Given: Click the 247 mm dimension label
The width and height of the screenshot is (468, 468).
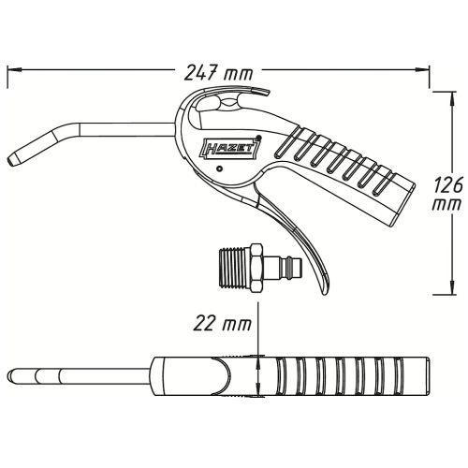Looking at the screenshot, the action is (x=218, y=74).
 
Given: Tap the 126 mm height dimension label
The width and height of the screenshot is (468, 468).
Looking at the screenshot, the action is (x=448, y=195).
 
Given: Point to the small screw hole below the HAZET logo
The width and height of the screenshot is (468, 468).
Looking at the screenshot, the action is (x=220, y=168).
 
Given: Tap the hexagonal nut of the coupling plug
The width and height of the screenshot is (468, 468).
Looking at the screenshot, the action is (x=256, y=269).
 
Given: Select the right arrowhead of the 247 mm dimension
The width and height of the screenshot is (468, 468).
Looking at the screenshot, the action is (x=423, y=69).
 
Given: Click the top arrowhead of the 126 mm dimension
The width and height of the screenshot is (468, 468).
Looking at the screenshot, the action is (x=452, y=99).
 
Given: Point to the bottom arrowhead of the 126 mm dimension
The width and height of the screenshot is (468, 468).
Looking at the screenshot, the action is (x=452, y=287).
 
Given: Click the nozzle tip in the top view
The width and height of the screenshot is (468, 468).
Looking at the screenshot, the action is (x=11, y=374).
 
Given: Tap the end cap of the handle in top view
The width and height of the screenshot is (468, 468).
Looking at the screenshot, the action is (x=427, y=377).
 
